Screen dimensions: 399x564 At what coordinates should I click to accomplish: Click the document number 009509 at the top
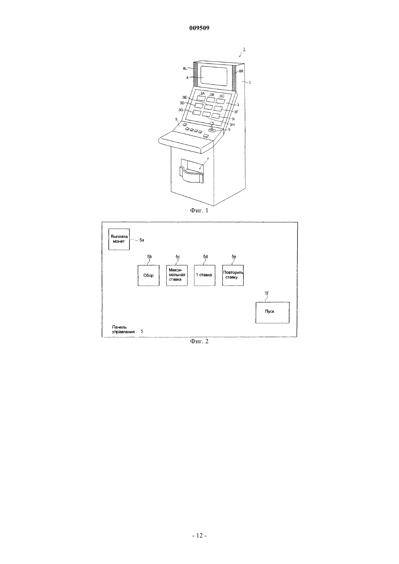coord(199,28)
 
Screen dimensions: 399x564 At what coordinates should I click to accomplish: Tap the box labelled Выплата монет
coord(119,239)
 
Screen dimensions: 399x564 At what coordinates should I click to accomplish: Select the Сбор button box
coord(149,275)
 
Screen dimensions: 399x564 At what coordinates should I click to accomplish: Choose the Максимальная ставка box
coord(177,275)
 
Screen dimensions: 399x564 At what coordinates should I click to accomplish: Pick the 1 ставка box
coord(205,275)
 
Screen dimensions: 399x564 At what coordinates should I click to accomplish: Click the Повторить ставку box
coord(233,275)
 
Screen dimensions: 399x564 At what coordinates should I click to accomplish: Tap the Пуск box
coord(272,312)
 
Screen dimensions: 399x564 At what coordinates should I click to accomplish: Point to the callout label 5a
coord(142,240)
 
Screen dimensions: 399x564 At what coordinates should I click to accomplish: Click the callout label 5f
coord(267,293)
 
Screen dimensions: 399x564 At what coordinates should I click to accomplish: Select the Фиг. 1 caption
coord(199,211)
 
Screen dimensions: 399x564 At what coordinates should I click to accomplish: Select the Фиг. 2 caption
coord(199,341)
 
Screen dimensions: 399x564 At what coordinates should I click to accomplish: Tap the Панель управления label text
coord(123,329)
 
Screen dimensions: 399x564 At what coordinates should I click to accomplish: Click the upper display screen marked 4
coord(214,76)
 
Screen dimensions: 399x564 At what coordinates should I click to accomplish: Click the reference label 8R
coord(241,71)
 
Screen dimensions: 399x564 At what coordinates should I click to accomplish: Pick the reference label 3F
coord(236,112)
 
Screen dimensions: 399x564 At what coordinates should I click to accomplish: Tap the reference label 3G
coord(181,110)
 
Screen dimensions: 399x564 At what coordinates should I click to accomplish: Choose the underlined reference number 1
coord(244,49)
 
